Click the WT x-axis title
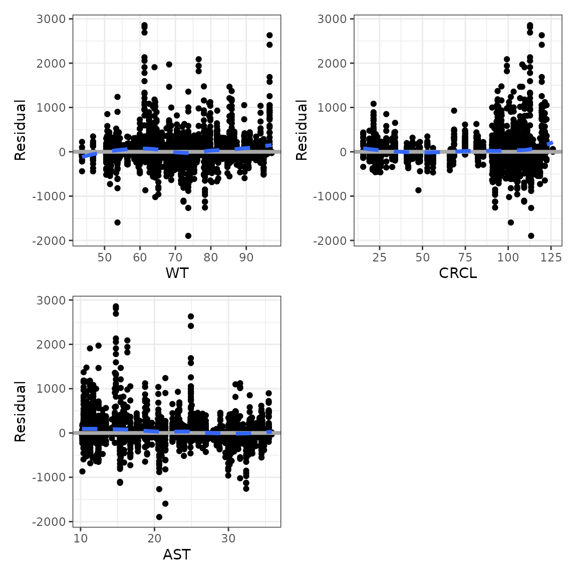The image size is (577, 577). pyautogui.click(x=177, y=273)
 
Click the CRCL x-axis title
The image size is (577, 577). pyautogui.click(x=458, y=273)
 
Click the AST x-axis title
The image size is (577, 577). pyautogui.click(x=177, y=554)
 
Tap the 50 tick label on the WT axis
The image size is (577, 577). pyautogui.click(x=105, y=257)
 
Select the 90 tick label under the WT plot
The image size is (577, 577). pyautogui.click(x=246, y=257)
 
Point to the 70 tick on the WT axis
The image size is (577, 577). pyautogui.click(x=175, y=257)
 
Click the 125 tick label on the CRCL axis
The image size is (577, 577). pyautogui.click(x=551, y=257)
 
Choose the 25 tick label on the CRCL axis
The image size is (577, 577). pyautogui.click(x=380, y=257)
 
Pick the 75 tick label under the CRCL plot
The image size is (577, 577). pyautogui.click(x=465, y=257)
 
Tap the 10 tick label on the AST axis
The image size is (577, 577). pyautogui.click(x=81, y=539)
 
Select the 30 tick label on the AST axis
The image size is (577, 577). pyautogui.click(x=228, y=539)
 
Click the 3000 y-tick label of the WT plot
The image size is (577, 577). pyautogui.click(x=51, y=19)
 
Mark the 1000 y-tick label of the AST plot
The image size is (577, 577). pyautogui.click(x=51, y=389)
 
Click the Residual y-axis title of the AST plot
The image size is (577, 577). pyautogui.click(x=20, y=411)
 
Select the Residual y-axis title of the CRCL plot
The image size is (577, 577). pyautogui.click(x=302, y=130)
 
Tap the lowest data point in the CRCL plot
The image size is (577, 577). pyautogui.click(x=531, y=236)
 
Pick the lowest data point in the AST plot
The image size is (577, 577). pyautogui.click(x=159, y=517)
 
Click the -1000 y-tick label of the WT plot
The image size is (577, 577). pyautogui.click(x=49, y=196)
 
